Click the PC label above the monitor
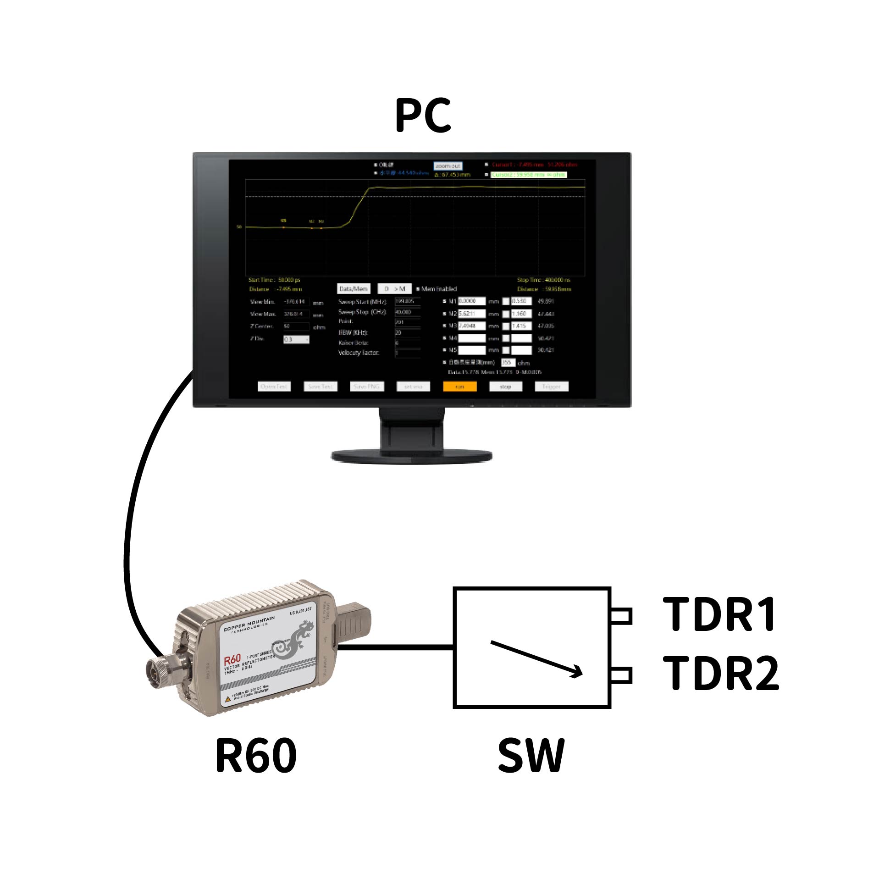(423, 116)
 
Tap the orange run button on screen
(459, 387)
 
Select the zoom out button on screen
(448, 166)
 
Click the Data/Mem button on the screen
(353, 289)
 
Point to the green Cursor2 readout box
(528, 175)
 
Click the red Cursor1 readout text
(534, 164)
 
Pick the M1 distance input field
(471, 301)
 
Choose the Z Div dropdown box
(296, 339)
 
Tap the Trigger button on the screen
(551, 387)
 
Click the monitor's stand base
(411, 456)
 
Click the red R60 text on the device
(232, 661)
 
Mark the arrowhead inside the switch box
(576, 673)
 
